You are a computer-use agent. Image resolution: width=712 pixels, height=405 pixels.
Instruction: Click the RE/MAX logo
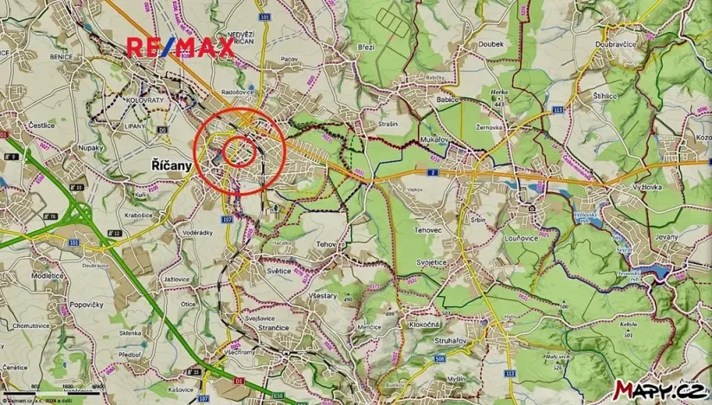pyautogui.click(x=182, y=48)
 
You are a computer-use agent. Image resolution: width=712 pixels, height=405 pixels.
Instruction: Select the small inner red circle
pyautogui.click(x=240, y=151)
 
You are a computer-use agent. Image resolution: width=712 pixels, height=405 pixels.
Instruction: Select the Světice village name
pyautogui.click(x=279, y=270)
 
